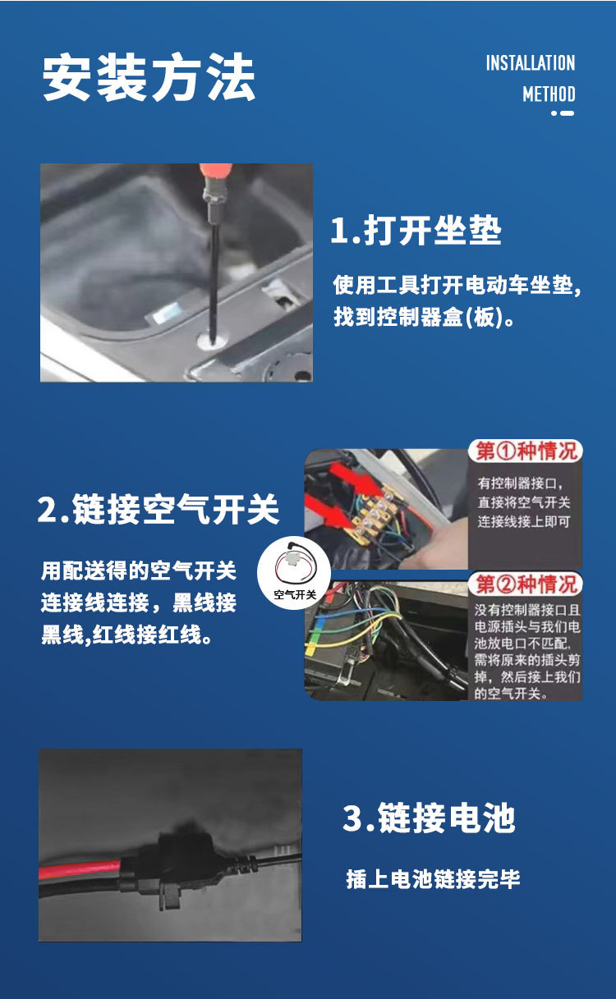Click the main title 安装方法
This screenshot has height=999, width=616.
tap(149, 77)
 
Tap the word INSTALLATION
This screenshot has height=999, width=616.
tap(531, 63)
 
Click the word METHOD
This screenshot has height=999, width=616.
tap(549, 94)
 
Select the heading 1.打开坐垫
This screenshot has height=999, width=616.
tap(416, 230)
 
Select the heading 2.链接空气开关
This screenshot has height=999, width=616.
tap(159, 509)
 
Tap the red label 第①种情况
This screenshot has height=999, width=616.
tap(526, 451)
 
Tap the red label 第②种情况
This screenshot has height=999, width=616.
tap(526, 584)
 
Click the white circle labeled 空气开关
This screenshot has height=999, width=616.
tap(295, 574)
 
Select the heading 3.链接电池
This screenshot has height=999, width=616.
tap(429, 818)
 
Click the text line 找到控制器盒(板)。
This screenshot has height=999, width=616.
tap(424, 317)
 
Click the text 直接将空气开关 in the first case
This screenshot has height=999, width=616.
tap(524, 502)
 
